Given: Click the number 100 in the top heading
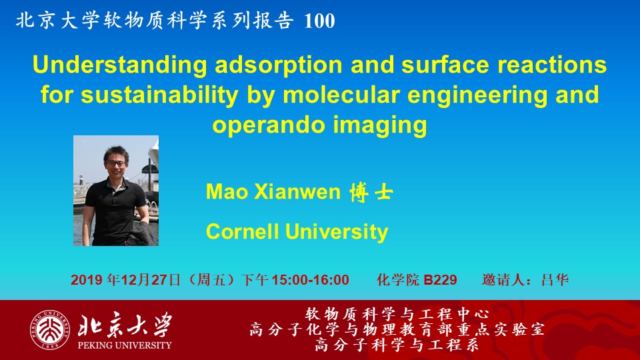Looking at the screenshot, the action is [x=319, y=21].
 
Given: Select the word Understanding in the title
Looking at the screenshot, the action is [x=120, y=65].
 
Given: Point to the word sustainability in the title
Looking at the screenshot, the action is [x=159, y=95].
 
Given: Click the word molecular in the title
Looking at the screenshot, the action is [x=341, y=94].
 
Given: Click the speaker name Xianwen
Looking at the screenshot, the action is [x=297, y=191].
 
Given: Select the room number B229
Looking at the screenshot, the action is [x=440, y=279].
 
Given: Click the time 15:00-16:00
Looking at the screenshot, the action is [x=310, y=279].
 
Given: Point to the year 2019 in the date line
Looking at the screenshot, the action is [x=86, y=279].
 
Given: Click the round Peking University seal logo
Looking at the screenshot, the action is [x=49, y=330].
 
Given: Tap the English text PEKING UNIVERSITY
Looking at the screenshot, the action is [x=125, y=345].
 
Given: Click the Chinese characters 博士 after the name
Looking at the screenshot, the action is [x=371, y=192].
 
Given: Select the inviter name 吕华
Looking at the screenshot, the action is [x=555, y=279].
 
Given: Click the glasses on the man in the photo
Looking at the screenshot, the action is [x=116, y=164].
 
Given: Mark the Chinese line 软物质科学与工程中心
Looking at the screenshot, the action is [x=397, y=314].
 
